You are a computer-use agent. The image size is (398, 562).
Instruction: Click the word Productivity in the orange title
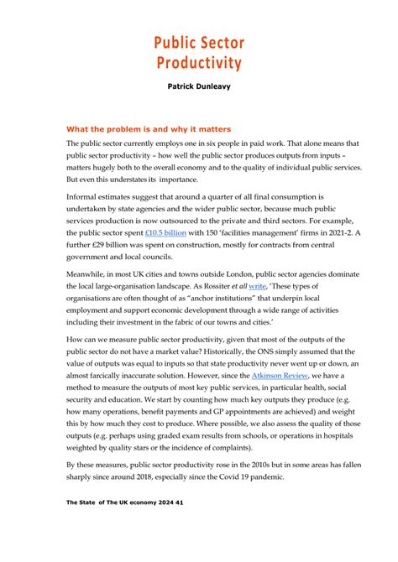click(x=199, y=63)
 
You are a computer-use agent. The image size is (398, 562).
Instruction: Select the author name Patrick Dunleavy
click(x=199, y=86)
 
